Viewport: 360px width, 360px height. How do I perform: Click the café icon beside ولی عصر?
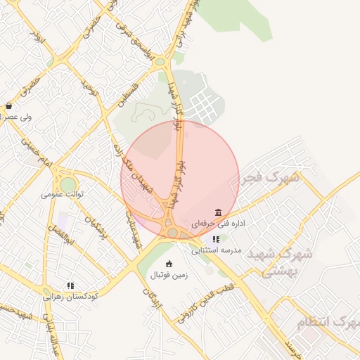(8, 106)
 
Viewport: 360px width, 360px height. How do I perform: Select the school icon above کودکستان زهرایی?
(70, 285)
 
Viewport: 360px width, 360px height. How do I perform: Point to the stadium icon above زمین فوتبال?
(168, 264)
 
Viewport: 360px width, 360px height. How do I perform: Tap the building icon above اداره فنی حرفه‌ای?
(218, 212)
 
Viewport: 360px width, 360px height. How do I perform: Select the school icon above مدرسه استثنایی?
(215, 240)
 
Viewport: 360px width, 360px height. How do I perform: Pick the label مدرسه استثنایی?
(217, 250)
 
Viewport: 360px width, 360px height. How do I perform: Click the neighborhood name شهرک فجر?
(270, 178)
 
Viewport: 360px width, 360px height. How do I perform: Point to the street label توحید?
(87, 88)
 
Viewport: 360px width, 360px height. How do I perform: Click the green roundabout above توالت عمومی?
(68, 185)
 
